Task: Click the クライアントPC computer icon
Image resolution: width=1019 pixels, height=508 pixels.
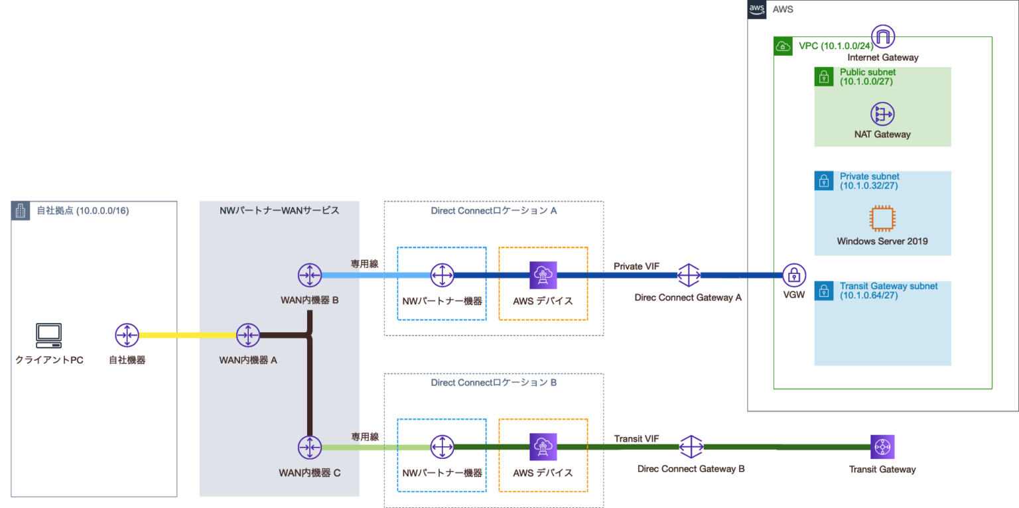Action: pyautogui.click(x=49, y=336)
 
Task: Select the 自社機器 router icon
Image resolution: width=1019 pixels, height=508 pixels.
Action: pyautogui.click(x=126, y=336)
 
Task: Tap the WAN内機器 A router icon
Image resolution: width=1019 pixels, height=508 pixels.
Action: pyautogui.click(x=248, y=336)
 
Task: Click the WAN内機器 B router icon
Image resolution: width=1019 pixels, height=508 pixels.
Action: pyautogui.click(x=309, y=274)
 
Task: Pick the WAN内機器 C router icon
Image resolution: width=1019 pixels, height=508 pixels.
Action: pyautogui.click(x=309, y=447)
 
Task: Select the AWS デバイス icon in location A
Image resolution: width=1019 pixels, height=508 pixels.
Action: pyautogui.click(x=543, y=275)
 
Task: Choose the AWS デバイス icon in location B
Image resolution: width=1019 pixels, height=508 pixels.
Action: pyautogui.click(x=543, y=447)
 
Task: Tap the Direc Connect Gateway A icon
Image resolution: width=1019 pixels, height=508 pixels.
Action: pyautogui.click(x=689, y=275)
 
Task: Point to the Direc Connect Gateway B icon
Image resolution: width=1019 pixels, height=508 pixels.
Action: pyautogui.click(x=691, y=447)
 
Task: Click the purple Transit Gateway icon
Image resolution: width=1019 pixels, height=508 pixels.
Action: pyautogui.click(x=882, y=447)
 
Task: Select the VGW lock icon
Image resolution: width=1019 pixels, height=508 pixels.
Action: pyautogui.click(x=793, y=275)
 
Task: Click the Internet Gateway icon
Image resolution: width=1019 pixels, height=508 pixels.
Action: pyautogui.click(x=883, y=36)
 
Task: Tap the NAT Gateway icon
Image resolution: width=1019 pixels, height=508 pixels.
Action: pyautogui.click(x=882, y=114)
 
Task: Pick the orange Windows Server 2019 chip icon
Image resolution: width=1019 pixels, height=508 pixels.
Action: pyautogui.click(x=882, y=218)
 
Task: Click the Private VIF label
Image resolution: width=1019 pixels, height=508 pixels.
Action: pyautogui.click(x=636, y=266)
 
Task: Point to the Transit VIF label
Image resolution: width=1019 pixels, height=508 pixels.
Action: pyautogui.click(x=636, y=438)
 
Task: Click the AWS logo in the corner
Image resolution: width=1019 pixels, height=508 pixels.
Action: pyautogui.click(x=757, y=9)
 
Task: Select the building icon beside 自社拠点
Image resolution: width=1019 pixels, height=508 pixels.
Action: pyautogui.click(x=20, y=211)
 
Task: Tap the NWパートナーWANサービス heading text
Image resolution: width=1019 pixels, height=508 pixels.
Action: pyautogui.click(x=279, y=210)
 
